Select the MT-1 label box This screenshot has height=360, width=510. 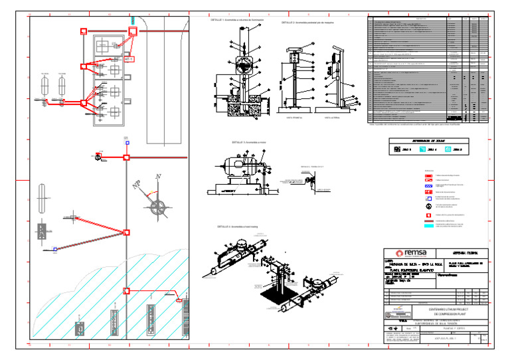pyautogui.click(x=129, y=59)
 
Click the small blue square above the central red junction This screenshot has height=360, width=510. pyautogui.click(x=126, y=142)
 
